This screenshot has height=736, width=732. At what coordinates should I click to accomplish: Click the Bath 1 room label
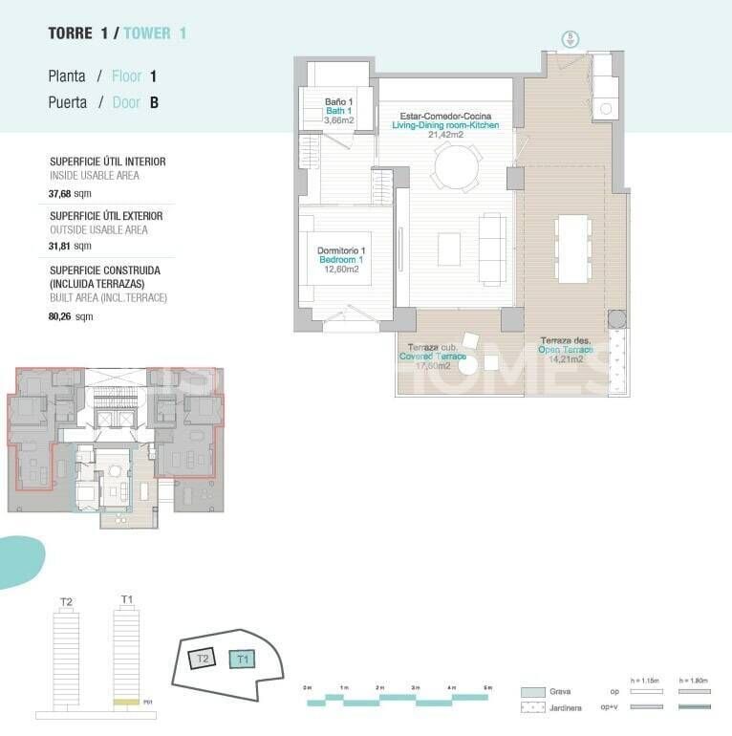(338, 111)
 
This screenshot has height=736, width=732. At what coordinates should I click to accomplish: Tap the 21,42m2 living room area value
(445, 135)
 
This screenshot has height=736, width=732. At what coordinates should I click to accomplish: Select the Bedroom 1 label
(341, 260)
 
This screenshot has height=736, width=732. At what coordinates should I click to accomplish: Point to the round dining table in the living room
(456, 169)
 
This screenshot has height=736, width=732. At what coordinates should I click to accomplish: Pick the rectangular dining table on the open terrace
(573, 249)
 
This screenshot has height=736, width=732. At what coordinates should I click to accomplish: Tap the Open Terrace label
(566, 350)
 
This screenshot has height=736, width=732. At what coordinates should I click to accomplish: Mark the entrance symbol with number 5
(571, 38)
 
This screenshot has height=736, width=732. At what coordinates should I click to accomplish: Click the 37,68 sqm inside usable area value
(63, 191)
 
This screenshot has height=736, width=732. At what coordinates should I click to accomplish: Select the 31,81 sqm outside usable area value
(63, 246)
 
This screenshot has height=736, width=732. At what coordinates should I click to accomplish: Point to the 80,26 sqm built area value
(63, 316)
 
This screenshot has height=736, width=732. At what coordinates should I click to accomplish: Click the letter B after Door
(154, 103)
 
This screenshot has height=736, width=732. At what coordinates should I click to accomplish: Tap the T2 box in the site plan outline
(202, 659)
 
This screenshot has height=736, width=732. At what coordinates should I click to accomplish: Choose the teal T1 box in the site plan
(242, 659)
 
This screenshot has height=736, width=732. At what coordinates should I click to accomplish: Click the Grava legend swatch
(533, 691)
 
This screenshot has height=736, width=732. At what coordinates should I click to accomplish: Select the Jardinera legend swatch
(533, 708)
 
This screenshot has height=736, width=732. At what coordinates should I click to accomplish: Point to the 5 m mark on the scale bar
(487, 688)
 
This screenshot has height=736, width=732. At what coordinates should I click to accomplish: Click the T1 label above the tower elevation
(126, 599)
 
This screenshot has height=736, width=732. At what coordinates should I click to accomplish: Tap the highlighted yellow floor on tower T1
(126, 703)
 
